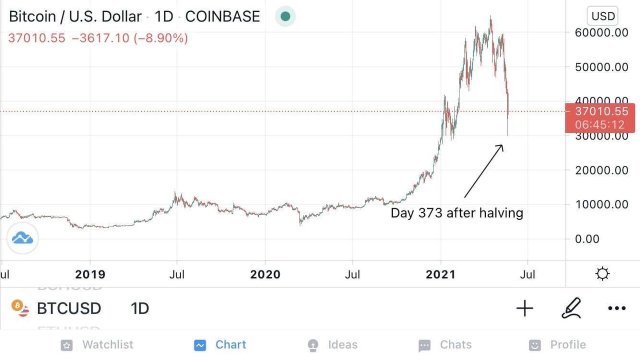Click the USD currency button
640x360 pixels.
coord(603,16)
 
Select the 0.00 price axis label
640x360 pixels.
coord(587,238)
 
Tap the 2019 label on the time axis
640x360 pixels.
coord(90,274)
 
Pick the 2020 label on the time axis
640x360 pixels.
coord(265,274)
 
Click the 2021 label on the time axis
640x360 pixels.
coord(440,274)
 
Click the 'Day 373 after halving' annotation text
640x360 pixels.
coord(456,213)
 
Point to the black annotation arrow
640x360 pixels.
coord(483,171)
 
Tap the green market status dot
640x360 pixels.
coord(285,16)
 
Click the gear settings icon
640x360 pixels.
coord(602,274)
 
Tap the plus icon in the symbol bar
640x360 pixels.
coord(524,308)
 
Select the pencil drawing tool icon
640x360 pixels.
coord(571,308)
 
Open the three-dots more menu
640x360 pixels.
coord(616,308)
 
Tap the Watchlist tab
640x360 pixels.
coord(97,345)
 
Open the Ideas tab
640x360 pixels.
coord(332,345)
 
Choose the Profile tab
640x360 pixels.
coord(557,345)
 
